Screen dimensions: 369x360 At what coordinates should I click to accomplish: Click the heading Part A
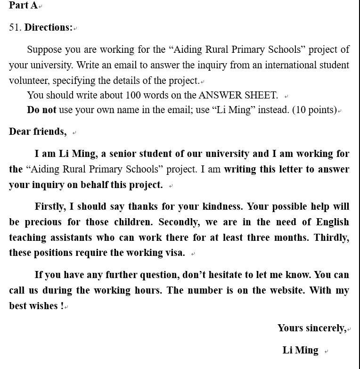pyautogui.click(x=23, y=6)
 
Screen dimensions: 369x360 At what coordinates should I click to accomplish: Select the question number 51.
pyautogui.click(x=15, y=27)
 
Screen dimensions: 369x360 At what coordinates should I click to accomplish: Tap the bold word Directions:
pyautogui.click(x=49, y=27)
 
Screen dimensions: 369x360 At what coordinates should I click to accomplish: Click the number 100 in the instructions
pyautogui.click(x=133, y=95)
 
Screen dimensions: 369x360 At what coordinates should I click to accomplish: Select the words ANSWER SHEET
pyautogui.click(x=238, y=95)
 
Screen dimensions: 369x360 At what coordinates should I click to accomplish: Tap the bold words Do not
pyautogui.click(x=41, y=110)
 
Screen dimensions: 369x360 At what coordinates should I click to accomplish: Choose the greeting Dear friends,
pyautogui.click(x=38, y=131)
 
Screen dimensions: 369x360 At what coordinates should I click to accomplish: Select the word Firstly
pyautogui.click(x=50, y=207)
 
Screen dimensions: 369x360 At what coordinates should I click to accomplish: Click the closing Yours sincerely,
pyautogui.click(x=312, y=328)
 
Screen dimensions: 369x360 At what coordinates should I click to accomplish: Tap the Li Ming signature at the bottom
pyautogui.click(x=300, y=350)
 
